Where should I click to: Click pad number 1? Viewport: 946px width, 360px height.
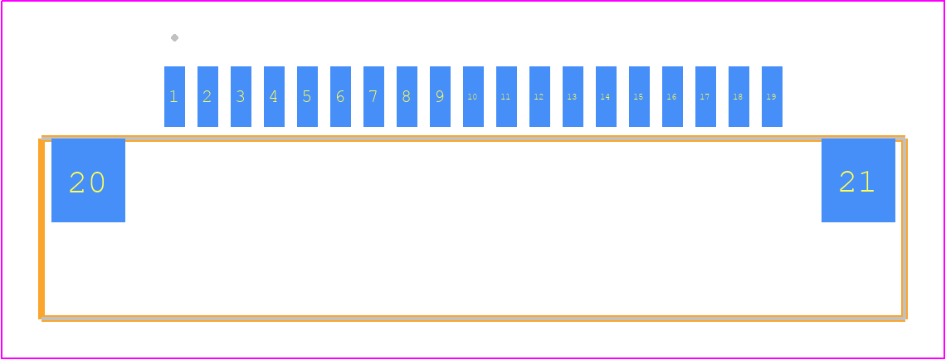(174, 96)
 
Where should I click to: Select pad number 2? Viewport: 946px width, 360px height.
(207, 96)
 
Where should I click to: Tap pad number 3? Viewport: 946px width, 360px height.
(241, 96)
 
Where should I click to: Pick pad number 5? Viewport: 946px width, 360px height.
(307, 96)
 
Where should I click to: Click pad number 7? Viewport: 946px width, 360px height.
(373, 96)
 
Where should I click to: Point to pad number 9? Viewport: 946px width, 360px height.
(440, 96)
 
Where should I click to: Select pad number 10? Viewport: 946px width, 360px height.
(473, 96)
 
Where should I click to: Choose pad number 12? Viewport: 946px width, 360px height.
(539, 96)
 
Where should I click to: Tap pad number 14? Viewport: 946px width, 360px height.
(606, 96)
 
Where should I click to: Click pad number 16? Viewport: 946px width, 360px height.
(672, 96)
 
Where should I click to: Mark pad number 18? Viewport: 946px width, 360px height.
(739, 96)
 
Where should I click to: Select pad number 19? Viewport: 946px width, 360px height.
(772, 96)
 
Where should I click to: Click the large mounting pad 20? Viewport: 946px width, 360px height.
(88, 180)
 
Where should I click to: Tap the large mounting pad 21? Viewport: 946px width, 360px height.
(858, 180)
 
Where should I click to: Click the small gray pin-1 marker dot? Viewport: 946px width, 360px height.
(174, 38)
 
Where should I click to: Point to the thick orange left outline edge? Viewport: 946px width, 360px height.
(41, 229)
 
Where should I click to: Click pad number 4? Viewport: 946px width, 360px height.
(274, 96)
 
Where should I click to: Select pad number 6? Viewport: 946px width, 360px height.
(340, 96)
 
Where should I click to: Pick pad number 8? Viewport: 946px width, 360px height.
(407, 96)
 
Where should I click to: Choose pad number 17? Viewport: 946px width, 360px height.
(705, 96)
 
